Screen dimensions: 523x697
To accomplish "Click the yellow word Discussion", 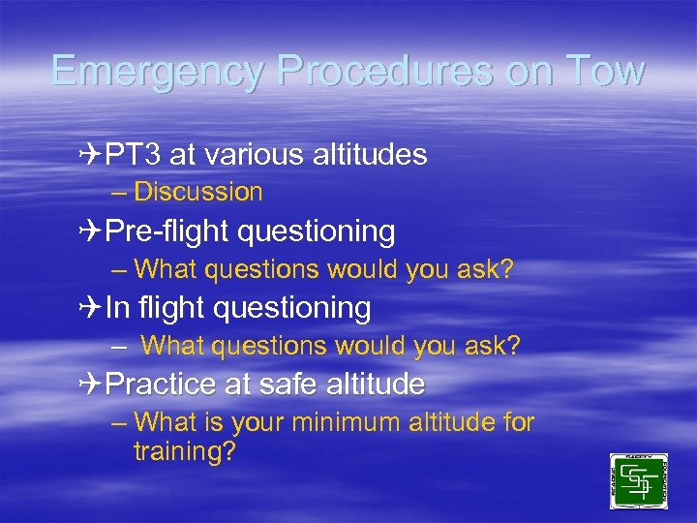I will [x=198, y=192].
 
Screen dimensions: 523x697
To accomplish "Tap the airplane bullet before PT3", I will [x=92, y=154].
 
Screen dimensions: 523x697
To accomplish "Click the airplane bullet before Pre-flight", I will [x=92, y=231].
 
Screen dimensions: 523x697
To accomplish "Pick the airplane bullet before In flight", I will [x=92, y=308].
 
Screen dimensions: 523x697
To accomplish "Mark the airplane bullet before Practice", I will [x=92, y=385].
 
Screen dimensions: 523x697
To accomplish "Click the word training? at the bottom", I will [x=185, y=451].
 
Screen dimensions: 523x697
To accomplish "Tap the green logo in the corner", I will [x=638, y=481].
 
